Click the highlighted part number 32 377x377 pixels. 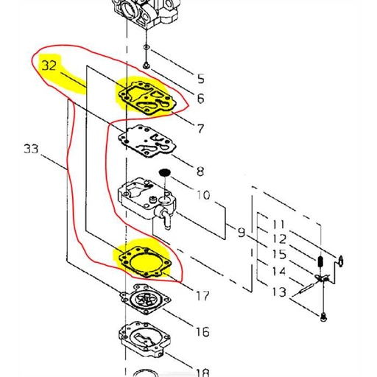click(50, 65)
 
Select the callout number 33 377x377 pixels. click(31, 149)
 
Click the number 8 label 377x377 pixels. click(200, 173)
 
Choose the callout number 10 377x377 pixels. click(202, 196)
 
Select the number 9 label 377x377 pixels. click(241, 233)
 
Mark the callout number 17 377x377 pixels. click(202, 296)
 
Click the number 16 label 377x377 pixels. click(202, 333)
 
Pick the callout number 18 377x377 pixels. click(202, 373)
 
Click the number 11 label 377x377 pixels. click(279, 223)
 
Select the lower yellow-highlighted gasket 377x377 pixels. click(146, 260)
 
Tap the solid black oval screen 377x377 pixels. click(166, 172)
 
